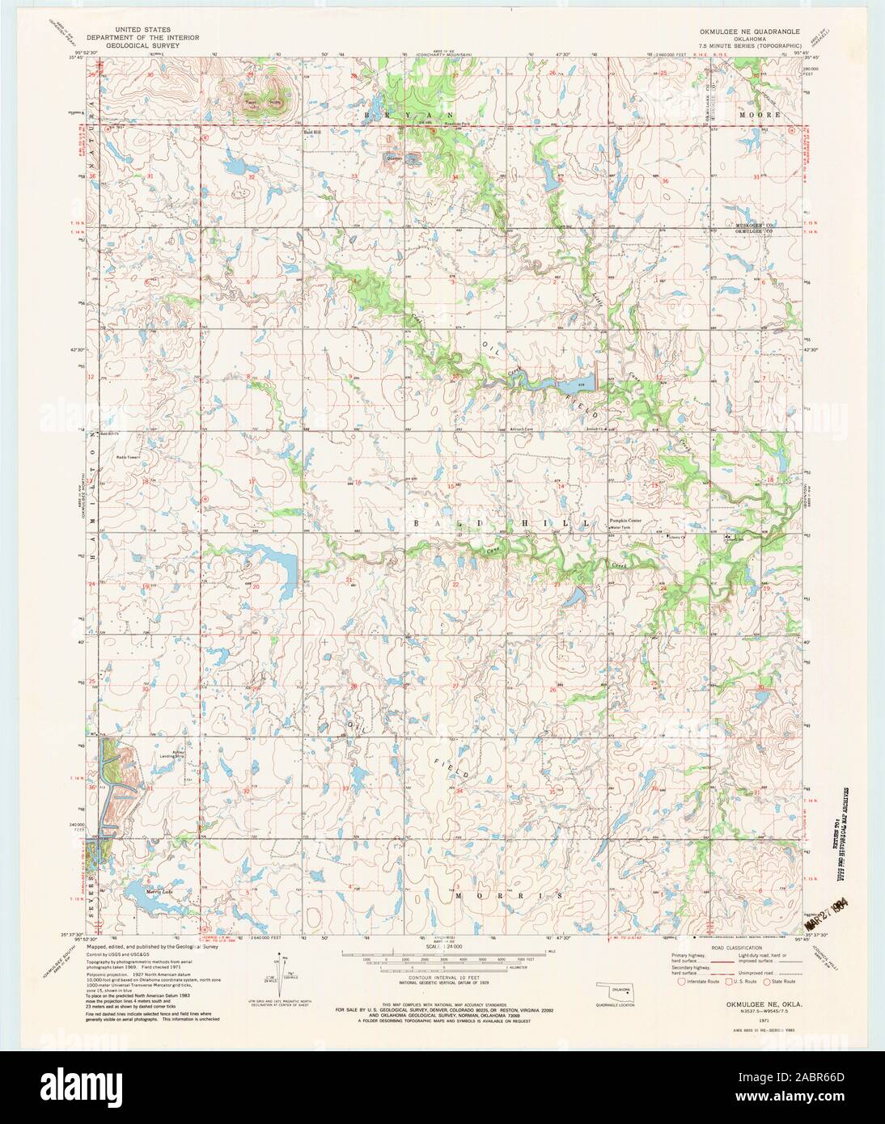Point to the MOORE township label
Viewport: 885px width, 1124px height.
[x=760, y=115]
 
